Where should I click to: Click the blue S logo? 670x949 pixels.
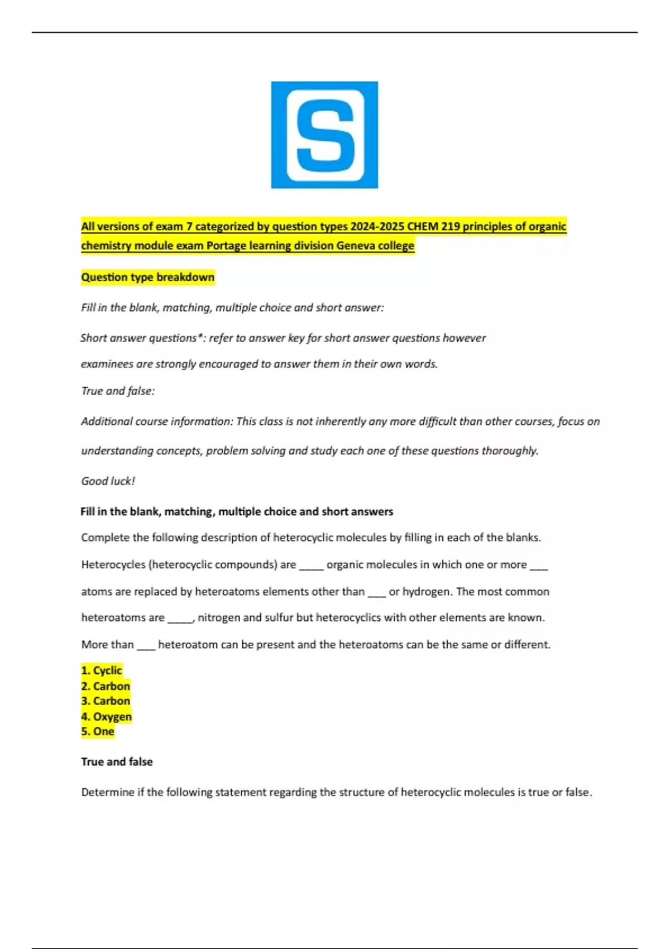324,135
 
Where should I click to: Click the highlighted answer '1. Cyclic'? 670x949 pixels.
102,670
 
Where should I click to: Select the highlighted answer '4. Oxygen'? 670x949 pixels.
107,716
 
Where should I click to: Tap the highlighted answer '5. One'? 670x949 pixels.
98,731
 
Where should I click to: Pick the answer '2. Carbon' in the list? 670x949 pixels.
106,686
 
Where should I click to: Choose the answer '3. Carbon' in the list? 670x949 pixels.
106,701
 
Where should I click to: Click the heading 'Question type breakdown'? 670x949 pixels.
147,277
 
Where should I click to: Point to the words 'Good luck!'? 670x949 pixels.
108,481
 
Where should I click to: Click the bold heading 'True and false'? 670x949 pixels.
117,761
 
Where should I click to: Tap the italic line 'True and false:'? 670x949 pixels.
118,391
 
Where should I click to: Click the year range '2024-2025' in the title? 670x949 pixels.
377,227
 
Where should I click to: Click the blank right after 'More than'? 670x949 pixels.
146,646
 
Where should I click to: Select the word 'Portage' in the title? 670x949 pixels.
226,246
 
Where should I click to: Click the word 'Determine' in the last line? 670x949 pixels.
106,792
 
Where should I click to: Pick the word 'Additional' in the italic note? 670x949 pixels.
106,421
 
